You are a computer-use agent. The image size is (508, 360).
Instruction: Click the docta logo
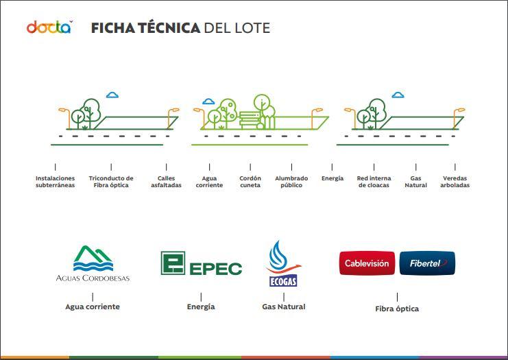coord(49,27)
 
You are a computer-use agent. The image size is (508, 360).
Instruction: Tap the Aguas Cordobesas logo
coord(93,263)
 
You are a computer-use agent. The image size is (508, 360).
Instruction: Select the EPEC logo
coord(201,263)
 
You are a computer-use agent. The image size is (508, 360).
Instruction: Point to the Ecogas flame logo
coord(283,263)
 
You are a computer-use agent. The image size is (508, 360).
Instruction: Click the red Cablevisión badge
coord(367,263)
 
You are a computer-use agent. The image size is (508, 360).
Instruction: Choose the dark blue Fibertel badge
coord(427,263)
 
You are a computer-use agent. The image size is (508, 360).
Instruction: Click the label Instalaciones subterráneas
coord(55,182)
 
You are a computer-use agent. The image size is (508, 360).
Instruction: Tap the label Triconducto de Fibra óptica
coord(111,182)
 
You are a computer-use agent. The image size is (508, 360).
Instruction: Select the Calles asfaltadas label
coord(166,182)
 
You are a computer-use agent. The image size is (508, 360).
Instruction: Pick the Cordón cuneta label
coord(250,182)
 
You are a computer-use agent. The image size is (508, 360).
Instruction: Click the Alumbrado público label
coord(291,182)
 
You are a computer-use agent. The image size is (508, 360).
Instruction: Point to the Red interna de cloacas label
coord(374,182)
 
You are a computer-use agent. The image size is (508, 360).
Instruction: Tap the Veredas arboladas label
coord(455,182)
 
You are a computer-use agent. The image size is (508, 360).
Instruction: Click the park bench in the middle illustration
coord(250,120)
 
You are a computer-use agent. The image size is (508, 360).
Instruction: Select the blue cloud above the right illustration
coord(398,95)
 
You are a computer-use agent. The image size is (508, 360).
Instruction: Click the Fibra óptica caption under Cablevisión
coord(397,309)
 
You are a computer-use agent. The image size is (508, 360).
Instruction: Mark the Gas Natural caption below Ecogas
coord(284,307)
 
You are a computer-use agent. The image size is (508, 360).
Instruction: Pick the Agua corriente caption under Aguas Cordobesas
coord(93,307)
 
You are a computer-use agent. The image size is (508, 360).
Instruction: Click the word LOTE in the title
coord(253,28)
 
